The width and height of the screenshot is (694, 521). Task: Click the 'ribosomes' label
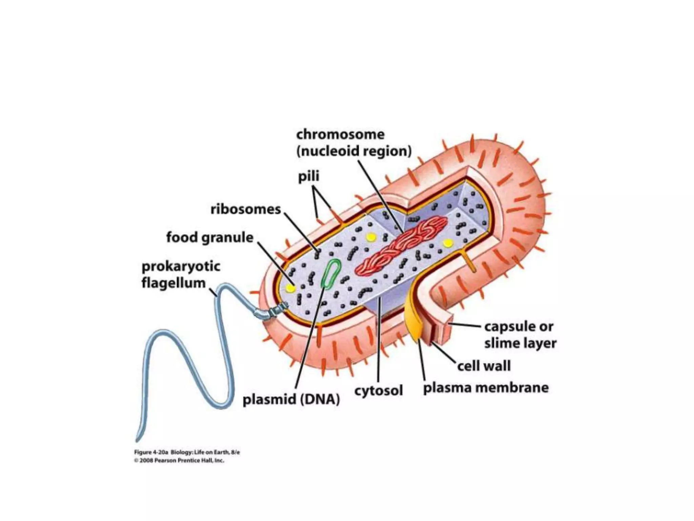tap(246, 209)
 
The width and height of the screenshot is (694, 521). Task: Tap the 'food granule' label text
tap(210, 237)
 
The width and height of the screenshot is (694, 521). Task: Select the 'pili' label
tap(308, 177)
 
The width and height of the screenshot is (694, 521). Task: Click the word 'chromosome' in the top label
tap(340, 135)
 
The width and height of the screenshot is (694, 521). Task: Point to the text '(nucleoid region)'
tap(354, 151)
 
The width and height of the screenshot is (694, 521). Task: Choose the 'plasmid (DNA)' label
tap(291, 400)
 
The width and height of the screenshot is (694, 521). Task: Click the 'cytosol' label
tap(379, 391)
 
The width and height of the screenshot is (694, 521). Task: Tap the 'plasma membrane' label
tap(486, 388)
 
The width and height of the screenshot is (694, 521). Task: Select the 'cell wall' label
tap(484, 366)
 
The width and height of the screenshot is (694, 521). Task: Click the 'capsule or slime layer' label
tap(520, 335)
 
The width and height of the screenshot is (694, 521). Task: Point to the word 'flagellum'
tap(173, 283)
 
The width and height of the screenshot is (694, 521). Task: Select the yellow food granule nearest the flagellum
tap(290, 288)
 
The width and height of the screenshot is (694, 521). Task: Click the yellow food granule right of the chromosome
tap(448, 243)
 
